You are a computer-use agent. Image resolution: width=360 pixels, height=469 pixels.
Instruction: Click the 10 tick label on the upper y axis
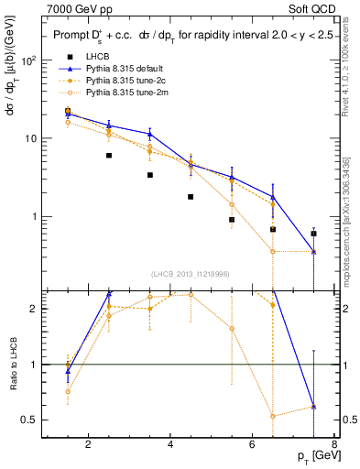pos(34,138)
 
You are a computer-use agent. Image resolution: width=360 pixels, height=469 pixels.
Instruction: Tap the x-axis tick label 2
pos(88,446)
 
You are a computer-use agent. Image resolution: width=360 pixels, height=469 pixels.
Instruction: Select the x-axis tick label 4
pos(171,446)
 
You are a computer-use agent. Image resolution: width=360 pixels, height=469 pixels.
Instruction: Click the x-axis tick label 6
pos(254,446)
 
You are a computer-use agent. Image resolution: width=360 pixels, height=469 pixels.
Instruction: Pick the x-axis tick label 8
pos(335,446)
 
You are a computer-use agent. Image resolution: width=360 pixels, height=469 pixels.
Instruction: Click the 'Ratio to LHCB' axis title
pos(13,364)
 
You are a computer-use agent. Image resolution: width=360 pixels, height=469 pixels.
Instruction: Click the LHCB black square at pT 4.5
pos(191,197)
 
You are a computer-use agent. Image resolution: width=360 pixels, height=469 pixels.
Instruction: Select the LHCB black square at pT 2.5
pos(108,156)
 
